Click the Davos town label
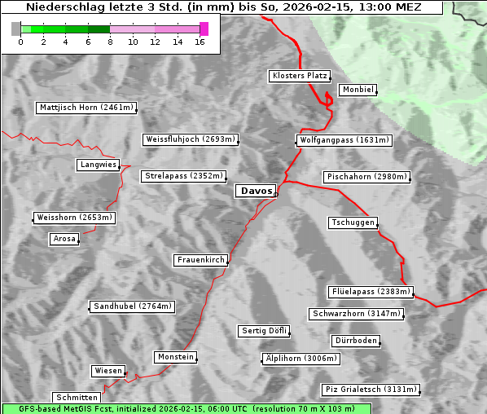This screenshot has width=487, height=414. tap(256, 191)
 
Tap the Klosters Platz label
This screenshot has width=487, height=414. tap(299, 76)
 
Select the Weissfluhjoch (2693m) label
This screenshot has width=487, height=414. tap(191, 139)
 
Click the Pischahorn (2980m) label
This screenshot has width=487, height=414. tap(366, 177)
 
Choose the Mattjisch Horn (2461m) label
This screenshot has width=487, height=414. tap(86, 108)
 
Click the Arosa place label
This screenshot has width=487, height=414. tap(64, 239)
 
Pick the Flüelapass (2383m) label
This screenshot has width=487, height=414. tap(371, 292)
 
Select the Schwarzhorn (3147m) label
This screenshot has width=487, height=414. tap(357, 314)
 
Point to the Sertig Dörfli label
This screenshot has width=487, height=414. tap(264, 331)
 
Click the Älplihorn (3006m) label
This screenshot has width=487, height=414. tap(300, 359)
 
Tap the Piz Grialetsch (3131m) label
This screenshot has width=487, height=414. tap(371, 390)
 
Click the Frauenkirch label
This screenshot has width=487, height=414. tap(200, 260)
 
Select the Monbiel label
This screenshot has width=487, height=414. tap(358, 90)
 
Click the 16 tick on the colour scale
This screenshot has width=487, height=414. tap(200, 42)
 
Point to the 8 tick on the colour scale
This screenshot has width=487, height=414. tap(109, 42)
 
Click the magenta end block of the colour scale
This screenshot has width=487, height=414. tap(204, 29)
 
